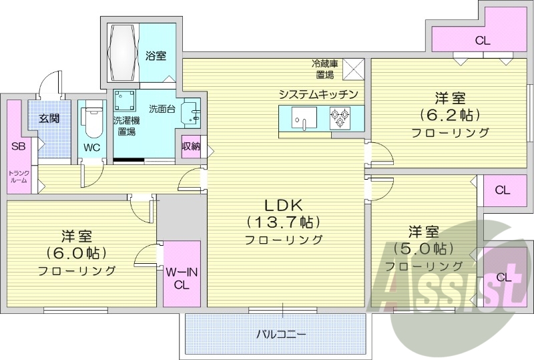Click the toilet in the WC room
[x=90, y=123]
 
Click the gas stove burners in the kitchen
[x=340, y=118]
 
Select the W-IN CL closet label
[x=180, y=278]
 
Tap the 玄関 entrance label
[x=48, y=119]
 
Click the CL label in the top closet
[x=482, y=40]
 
